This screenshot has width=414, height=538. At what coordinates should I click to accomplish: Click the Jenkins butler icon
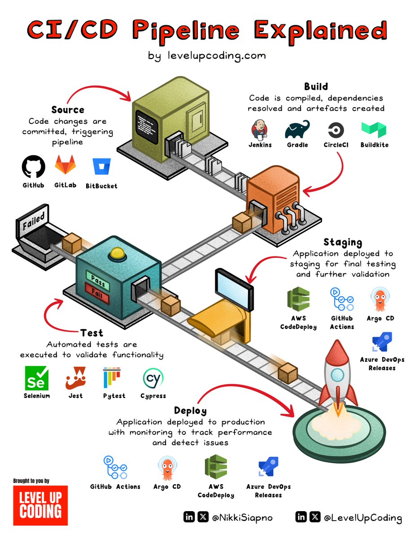(260, 130)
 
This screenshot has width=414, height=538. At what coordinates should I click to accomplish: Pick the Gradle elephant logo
(297, 130)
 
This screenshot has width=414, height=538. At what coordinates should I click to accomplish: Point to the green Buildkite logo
(374, 130)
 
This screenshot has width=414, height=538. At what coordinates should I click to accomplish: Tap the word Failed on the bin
(34, 221)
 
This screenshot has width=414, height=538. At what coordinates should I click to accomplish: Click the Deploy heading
(190, 410)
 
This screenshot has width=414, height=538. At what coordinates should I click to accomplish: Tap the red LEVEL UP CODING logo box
(40, 505)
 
